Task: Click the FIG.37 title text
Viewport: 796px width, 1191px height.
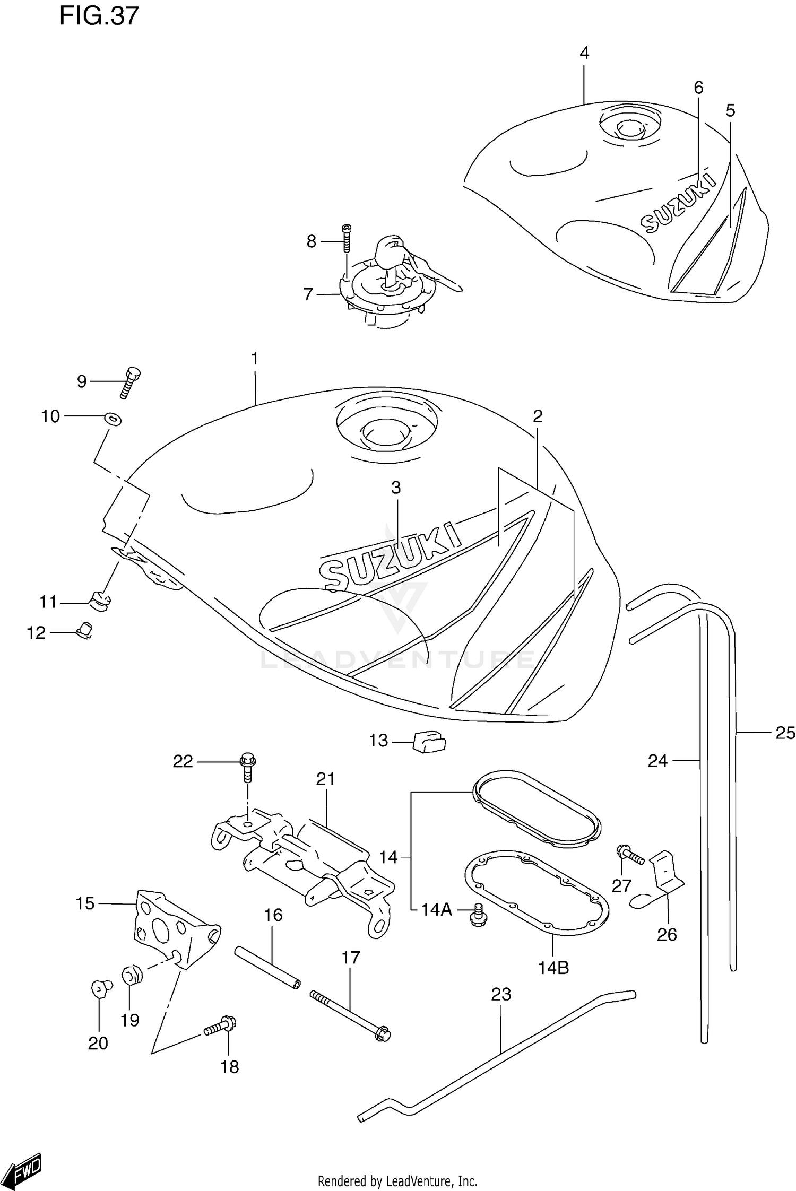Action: coord(99,16)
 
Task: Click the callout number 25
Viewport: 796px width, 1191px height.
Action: coord(785,733)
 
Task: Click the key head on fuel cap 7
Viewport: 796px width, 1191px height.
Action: coord(390,247)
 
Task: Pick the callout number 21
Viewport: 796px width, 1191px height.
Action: coord(325,779)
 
